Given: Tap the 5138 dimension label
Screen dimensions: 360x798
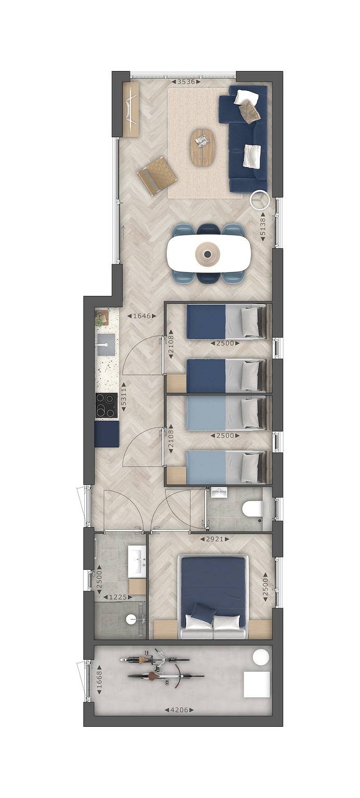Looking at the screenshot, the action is pyautogui.click(x=263, y=226).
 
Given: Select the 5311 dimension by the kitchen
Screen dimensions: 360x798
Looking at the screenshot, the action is pyautogui.click(x=124, y=397).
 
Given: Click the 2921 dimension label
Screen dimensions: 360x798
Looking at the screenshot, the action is pyautogui.click(x=215, y=539).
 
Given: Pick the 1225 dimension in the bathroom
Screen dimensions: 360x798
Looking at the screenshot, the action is pyautogui.click(x=117, y=597).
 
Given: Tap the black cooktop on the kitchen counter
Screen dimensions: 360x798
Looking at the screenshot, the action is pyautogui.click(x=106, y=406).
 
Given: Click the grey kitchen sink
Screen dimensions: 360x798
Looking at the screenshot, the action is pyautogui.click(x=105, y=345).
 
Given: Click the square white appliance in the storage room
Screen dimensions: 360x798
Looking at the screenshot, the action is pyautogui.click(x=257, y=684).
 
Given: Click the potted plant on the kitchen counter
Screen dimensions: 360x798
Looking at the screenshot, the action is pyautogui.click(x=101, y=317).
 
